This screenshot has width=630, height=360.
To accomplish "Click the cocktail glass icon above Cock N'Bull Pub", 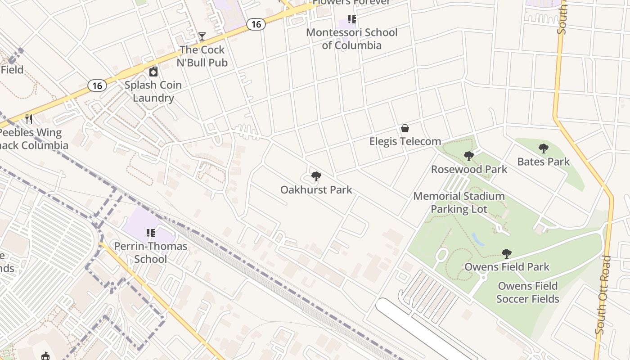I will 202,36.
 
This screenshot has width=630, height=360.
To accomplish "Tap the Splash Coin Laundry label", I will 153,91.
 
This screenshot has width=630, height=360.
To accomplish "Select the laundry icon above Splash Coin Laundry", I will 153,72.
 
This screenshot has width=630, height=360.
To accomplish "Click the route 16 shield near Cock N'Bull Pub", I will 256,24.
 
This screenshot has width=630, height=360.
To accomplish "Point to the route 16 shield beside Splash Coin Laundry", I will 97,85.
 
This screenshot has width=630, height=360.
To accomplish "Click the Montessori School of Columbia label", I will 351,39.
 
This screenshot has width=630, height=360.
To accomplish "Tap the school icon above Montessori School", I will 352,19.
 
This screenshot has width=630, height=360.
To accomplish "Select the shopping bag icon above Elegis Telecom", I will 405,129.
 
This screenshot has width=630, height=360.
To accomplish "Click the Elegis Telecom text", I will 405,141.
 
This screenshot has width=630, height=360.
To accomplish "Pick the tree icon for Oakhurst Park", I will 316,176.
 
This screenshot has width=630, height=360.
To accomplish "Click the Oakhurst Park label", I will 316,189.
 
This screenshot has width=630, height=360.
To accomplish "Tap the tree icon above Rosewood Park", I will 468,156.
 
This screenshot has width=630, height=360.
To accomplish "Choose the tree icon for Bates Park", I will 544,148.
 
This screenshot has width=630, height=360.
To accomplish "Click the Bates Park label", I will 544,162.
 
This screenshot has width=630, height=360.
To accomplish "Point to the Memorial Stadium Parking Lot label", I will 459,202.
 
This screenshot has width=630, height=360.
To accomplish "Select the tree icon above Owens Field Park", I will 507,254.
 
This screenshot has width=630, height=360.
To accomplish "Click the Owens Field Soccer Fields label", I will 528,292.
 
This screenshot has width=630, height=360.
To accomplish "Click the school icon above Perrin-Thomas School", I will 151,233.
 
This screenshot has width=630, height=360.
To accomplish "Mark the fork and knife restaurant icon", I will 29,119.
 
